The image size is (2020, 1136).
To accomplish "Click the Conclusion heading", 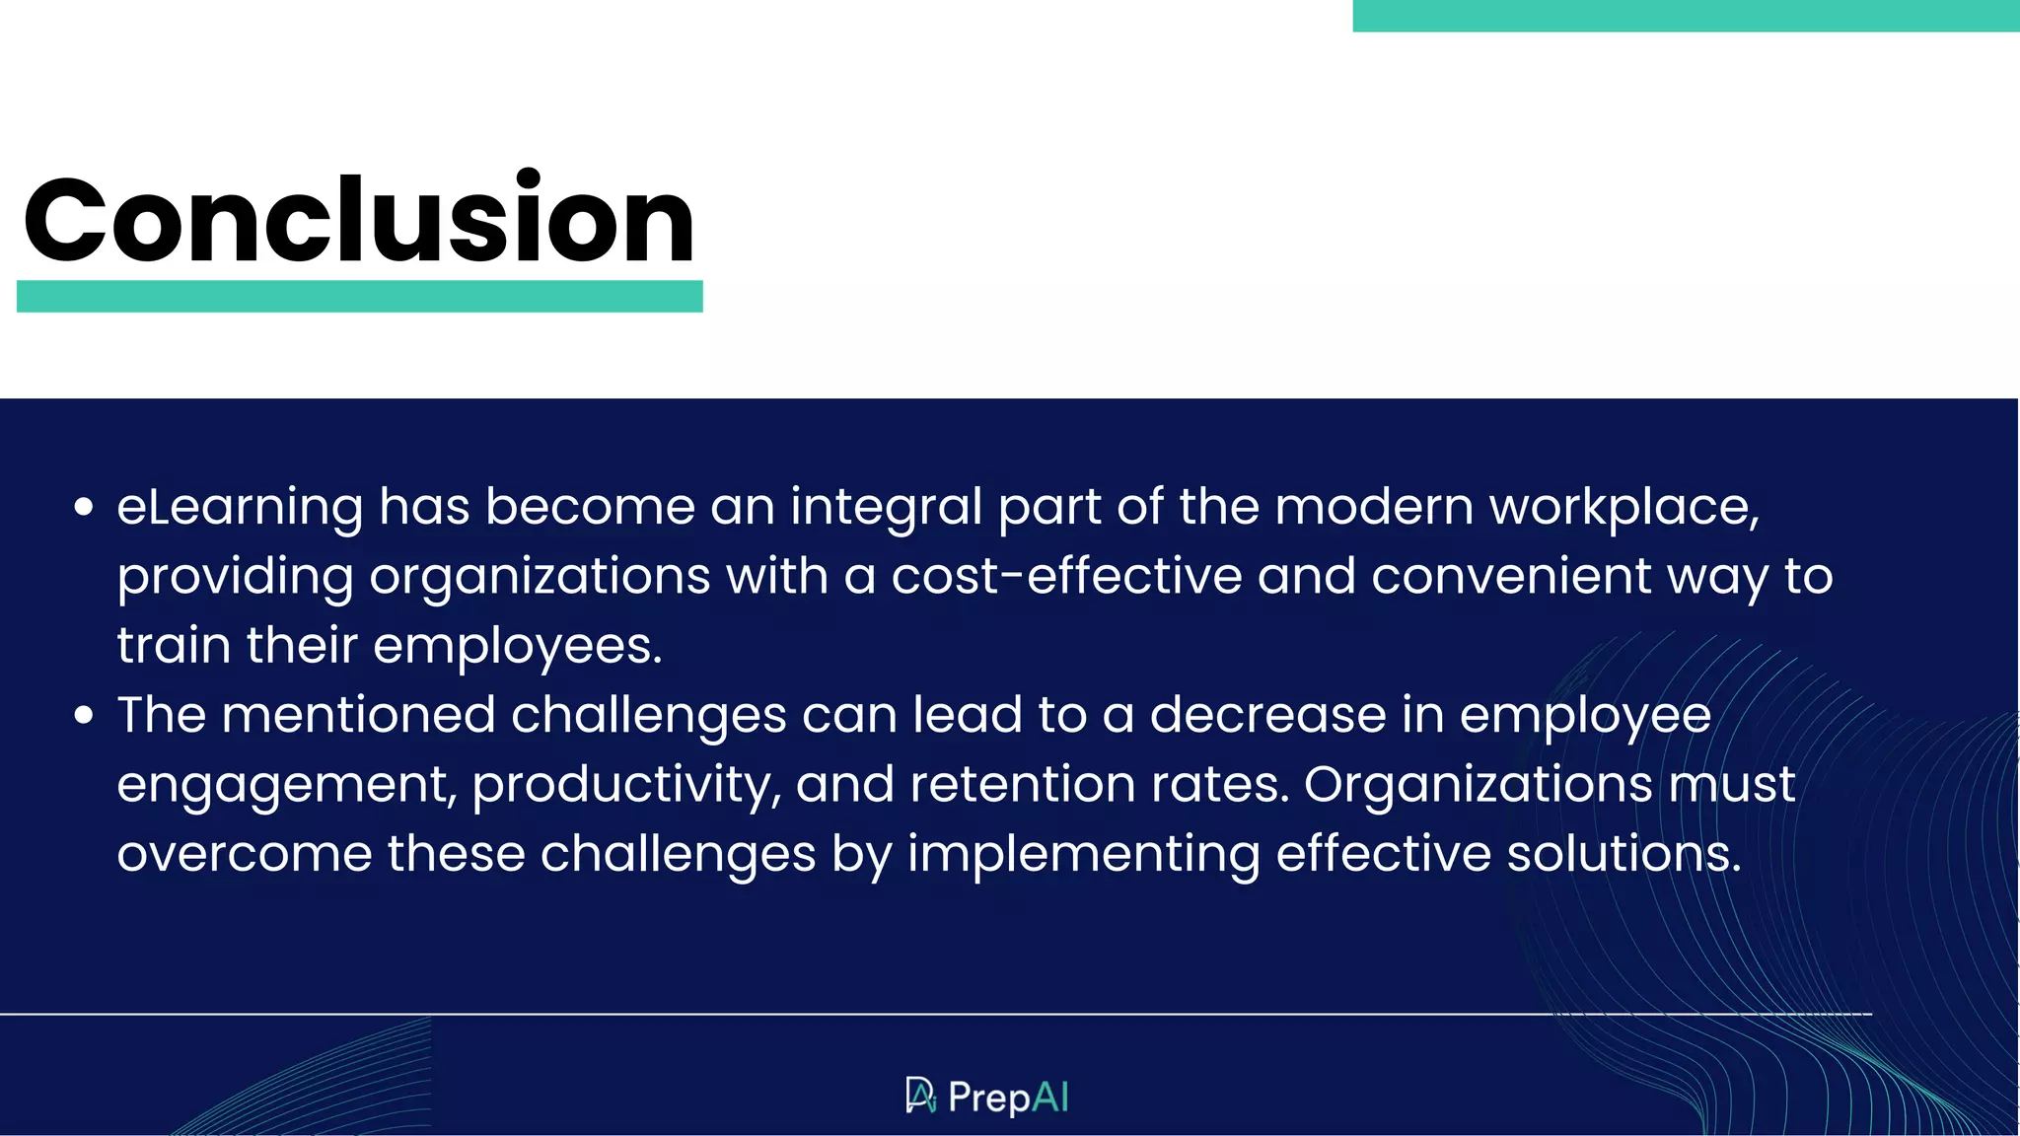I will (x=359, y=219).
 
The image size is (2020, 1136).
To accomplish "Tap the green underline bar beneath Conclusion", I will (x=359, y=296).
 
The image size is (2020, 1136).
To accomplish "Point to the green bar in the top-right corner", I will (x=1685, y=16).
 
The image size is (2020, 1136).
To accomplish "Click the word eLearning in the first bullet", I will (x=240, y=508).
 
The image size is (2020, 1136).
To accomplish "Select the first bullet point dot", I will (x=84, y=508).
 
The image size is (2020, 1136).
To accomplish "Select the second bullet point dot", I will (x=84, y=715).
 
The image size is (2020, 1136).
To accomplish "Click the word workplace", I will (x=1623, y=508).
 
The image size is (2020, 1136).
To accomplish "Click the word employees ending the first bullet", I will (x=517, y=647).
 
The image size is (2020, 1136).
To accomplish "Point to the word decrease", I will (x=1267, y=715).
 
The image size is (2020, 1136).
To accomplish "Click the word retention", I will (x=1022, y=785).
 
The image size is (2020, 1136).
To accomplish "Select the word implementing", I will (x=1083, y=855).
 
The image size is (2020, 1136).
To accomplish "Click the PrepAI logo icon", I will (x=920, y=1096).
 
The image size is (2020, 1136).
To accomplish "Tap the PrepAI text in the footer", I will (x=1008, y=1098).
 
